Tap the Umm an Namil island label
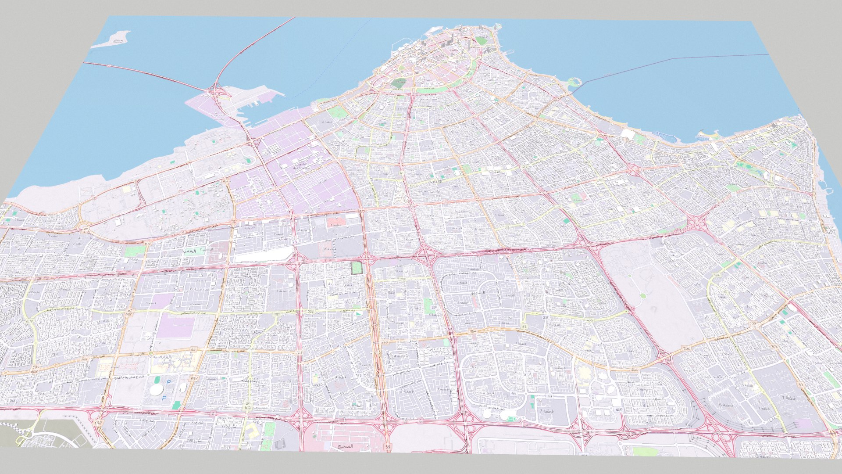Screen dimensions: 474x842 (118, 41)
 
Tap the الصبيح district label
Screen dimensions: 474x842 (345, 446)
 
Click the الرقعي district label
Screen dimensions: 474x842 (190, 251)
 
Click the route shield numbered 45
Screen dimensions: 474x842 (524, 327)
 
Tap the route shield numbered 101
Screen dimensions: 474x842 (277, 314)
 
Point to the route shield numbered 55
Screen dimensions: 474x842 (387, 446)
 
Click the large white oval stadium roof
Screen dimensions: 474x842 (156, 389)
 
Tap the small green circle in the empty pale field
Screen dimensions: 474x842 (642, 296)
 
